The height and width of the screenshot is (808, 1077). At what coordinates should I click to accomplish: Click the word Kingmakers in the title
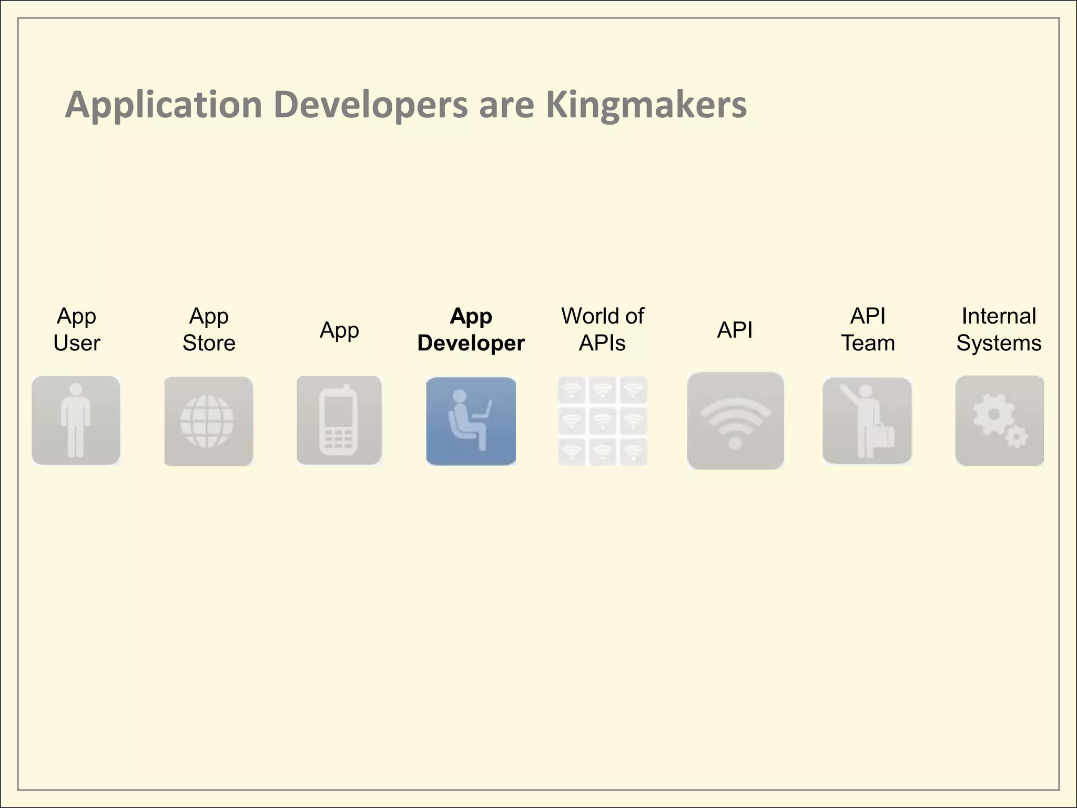pos(646,105)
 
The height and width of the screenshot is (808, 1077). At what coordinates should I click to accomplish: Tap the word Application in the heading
pos(164,105)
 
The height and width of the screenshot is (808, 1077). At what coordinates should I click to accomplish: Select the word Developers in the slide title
pos(370,105)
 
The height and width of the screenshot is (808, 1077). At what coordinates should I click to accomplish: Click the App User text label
pos(77,329)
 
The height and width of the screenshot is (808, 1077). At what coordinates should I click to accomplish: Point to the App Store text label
pos(209,329)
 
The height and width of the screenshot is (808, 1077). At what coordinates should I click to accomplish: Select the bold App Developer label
pos(471,329)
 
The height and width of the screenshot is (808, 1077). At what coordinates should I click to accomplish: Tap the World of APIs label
pos(602,329)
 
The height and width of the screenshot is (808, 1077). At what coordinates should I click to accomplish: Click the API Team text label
pos(868,329)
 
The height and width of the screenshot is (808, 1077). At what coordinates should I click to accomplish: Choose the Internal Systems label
pos(999,329)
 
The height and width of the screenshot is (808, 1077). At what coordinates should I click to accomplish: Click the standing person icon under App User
pos(76,420)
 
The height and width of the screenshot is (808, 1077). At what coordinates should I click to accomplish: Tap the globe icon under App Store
pos(208,421)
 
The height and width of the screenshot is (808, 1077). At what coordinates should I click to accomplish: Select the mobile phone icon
pos(339,420)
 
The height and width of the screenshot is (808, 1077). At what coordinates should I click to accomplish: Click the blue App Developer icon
pos(471,421)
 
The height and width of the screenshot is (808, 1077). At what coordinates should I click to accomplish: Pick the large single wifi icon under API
pos(735,421)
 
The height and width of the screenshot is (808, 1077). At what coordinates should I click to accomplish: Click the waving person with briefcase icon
pos(867,420)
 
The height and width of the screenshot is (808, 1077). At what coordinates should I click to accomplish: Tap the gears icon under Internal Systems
pos(999,420)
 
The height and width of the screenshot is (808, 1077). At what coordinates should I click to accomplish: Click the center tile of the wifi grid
pos(602,421)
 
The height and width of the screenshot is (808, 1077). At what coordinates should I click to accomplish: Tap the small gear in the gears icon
pos(1017,437)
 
